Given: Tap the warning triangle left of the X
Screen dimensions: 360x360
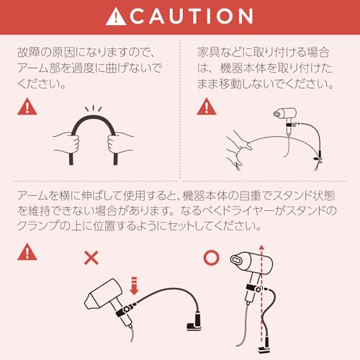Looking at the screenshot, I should click(x=27, y=253).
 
